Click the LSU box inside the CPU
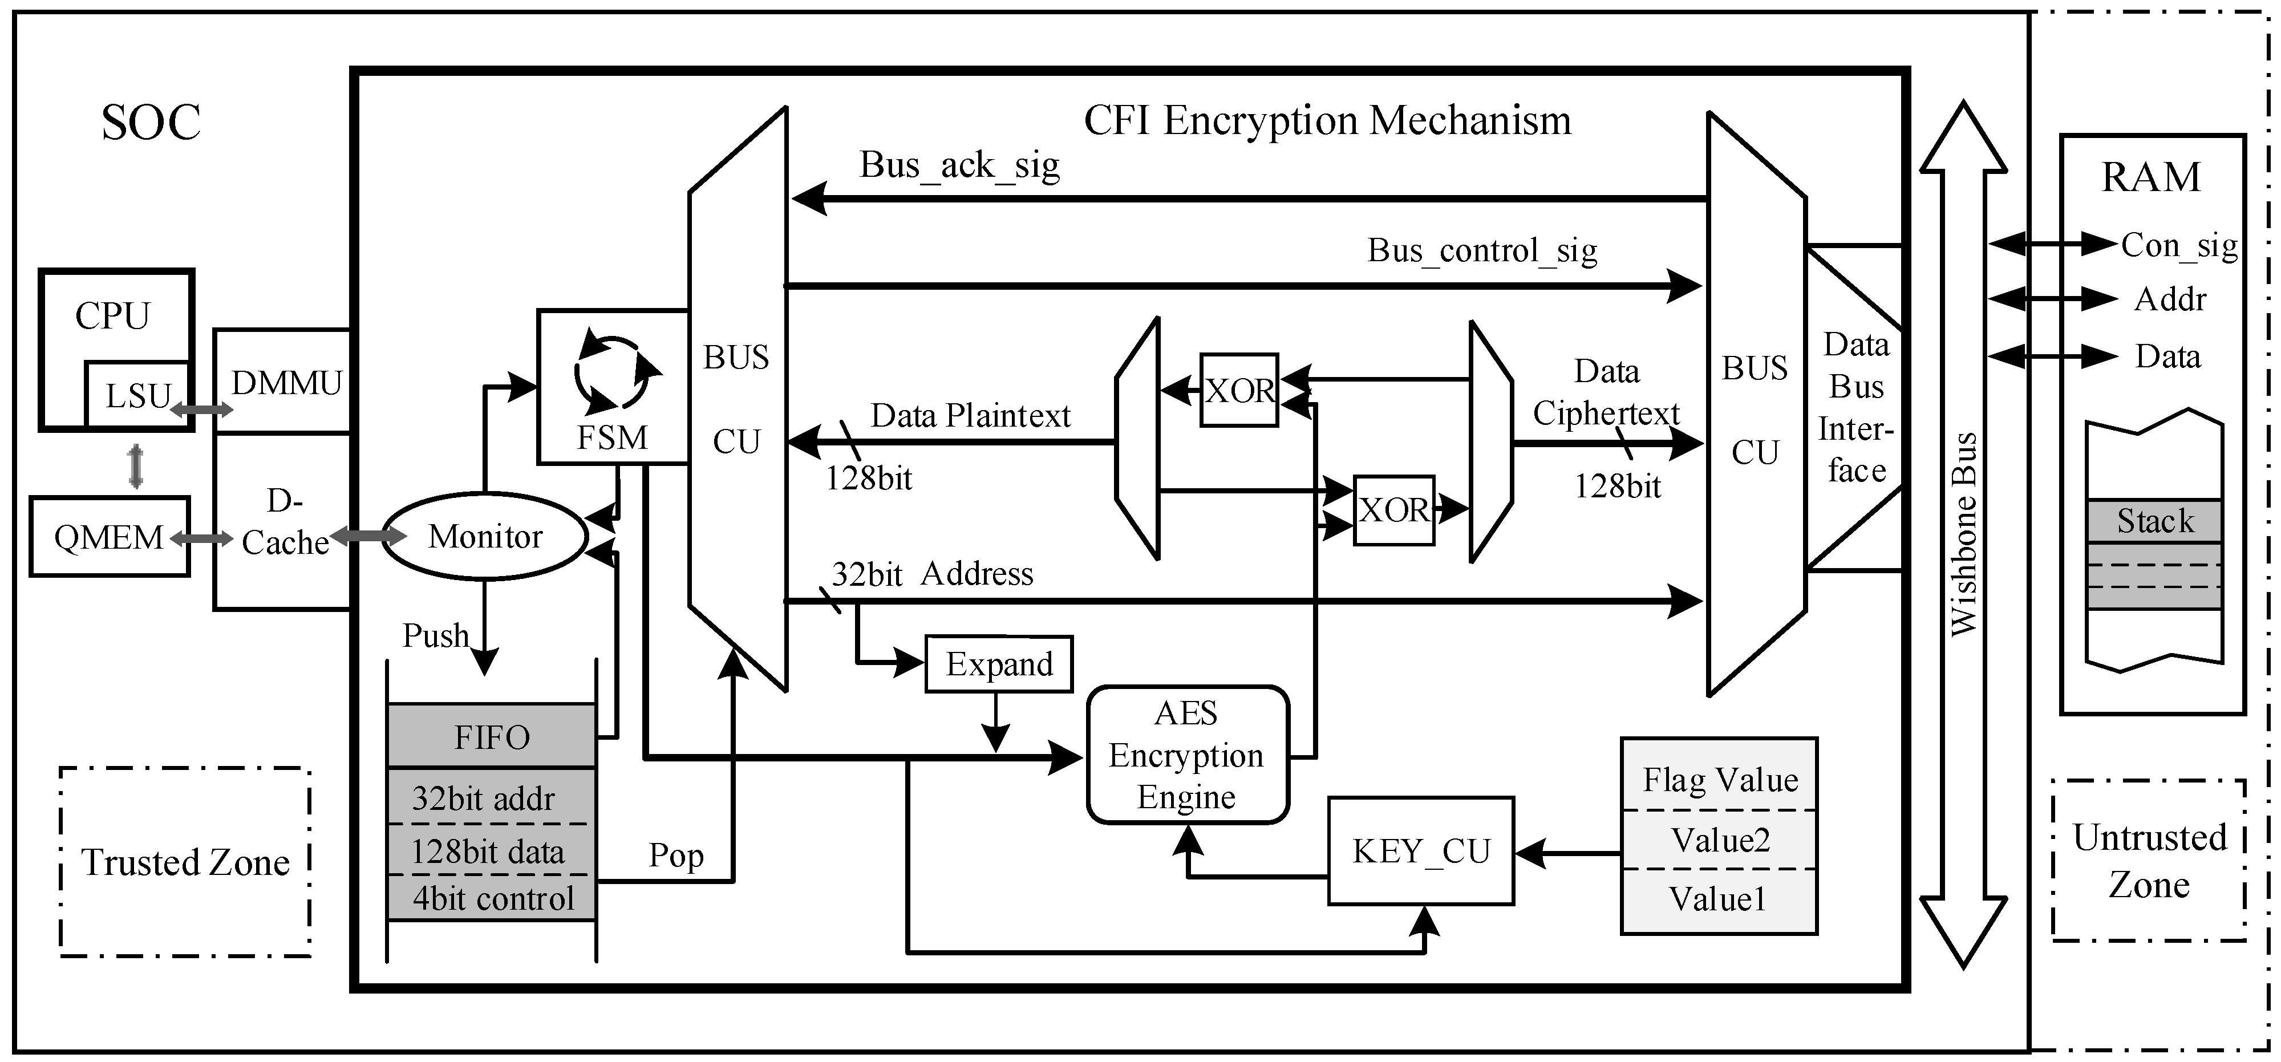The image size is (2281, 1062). [x=138, y=395]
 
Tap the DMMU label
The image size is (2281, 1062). [x=286, y=383]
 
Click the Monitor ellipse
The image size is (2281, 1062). [x=484, y=536]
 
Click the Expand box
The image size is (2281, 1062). [x=998, y=663]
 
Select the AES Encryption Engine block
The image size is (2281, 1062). [x=1186, y=755]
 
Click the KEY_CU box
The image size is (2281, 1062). [x=1420, y=851]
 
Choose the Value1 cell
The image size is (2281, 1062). [x=1718, y=899]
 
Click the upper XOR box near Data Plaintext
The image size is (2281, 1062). [x=1239, y=390]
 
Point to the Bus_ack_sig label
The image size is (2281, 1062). [x=959, y=165]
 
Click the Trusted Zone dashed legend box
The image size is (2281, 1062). [x=185, y=862]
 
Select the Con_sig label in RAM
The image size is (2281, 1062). [x=2178, y=245]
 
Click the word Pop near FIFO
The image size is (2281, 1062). [x=675, y=855]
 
